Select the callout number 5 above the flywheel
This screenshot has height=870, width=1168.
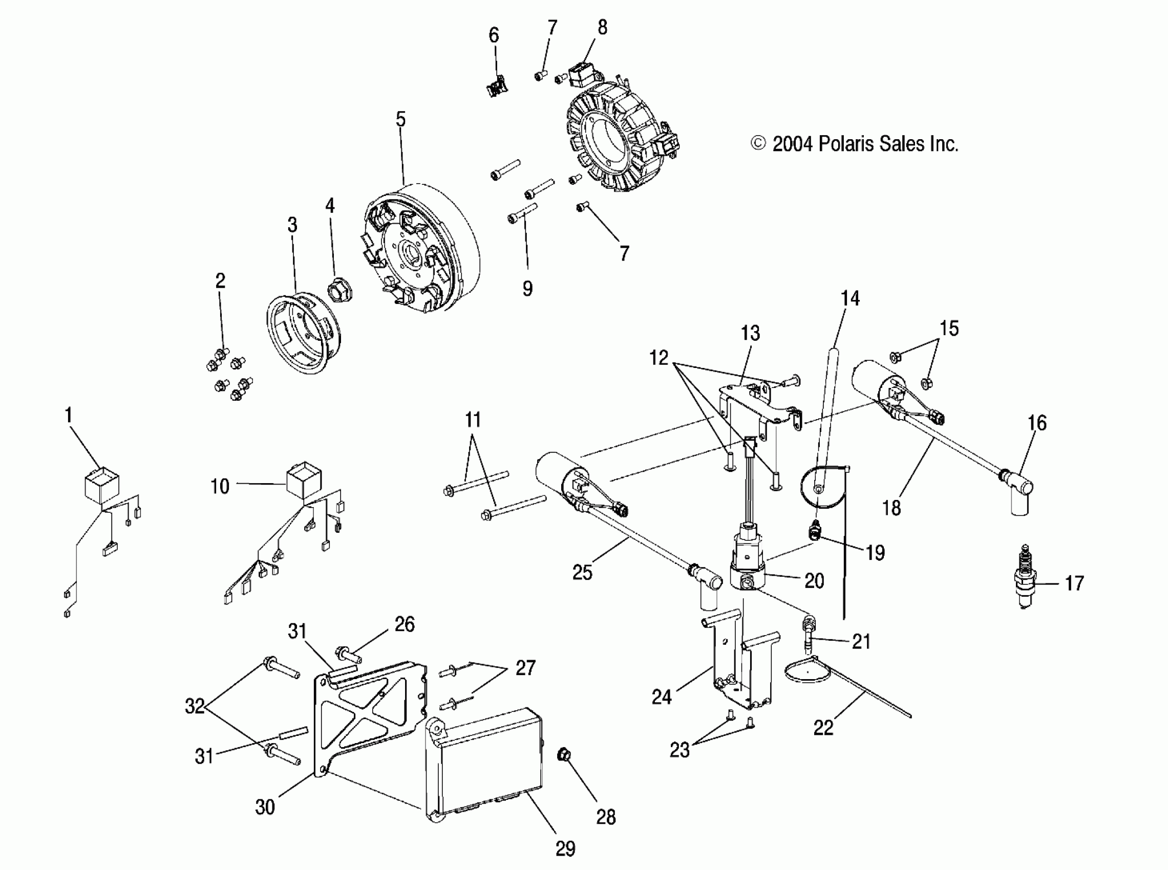(401, 120)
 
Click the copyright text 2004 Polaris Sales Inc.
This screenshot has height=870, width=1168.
(855, 144)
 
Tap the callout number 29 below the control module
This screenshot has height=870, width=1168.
(565, 849)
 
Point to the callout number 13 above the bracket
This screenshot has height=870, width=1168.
(750, 333)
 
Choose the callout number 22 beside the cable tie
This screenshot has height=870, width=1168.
(823, 728)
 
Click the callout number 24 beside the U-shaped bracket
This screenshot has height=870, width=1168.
(662, 697)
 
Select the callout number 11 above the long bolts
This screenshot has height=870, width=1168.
(473, 420)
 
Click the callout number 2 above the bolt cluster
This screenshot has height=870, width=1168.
(220, 280)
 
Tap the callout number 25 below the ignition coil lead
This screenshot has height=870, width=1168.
(582, 572)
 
